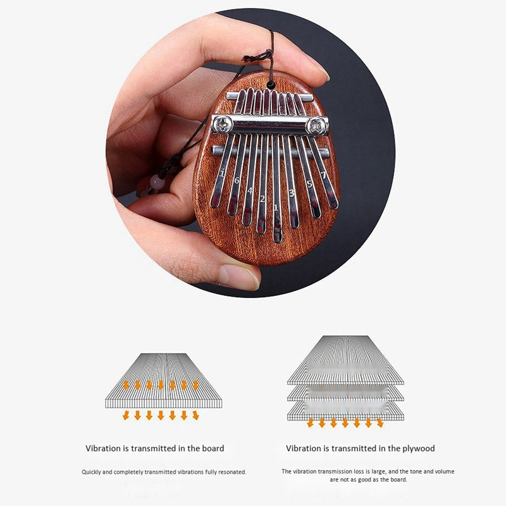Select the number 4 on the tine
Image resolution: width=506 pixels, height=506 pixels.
coord(250,190)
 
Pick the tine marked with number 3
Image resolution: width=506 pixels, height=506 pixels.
coord(292,192)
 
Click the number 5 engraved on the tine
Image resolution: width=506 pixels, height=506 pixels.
coord(309,184)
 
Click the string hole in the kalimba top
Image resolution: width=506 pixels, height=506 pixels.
coord(271,84)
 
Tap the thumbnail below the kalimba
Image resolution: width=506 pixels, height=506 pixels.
coord(239,276)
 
